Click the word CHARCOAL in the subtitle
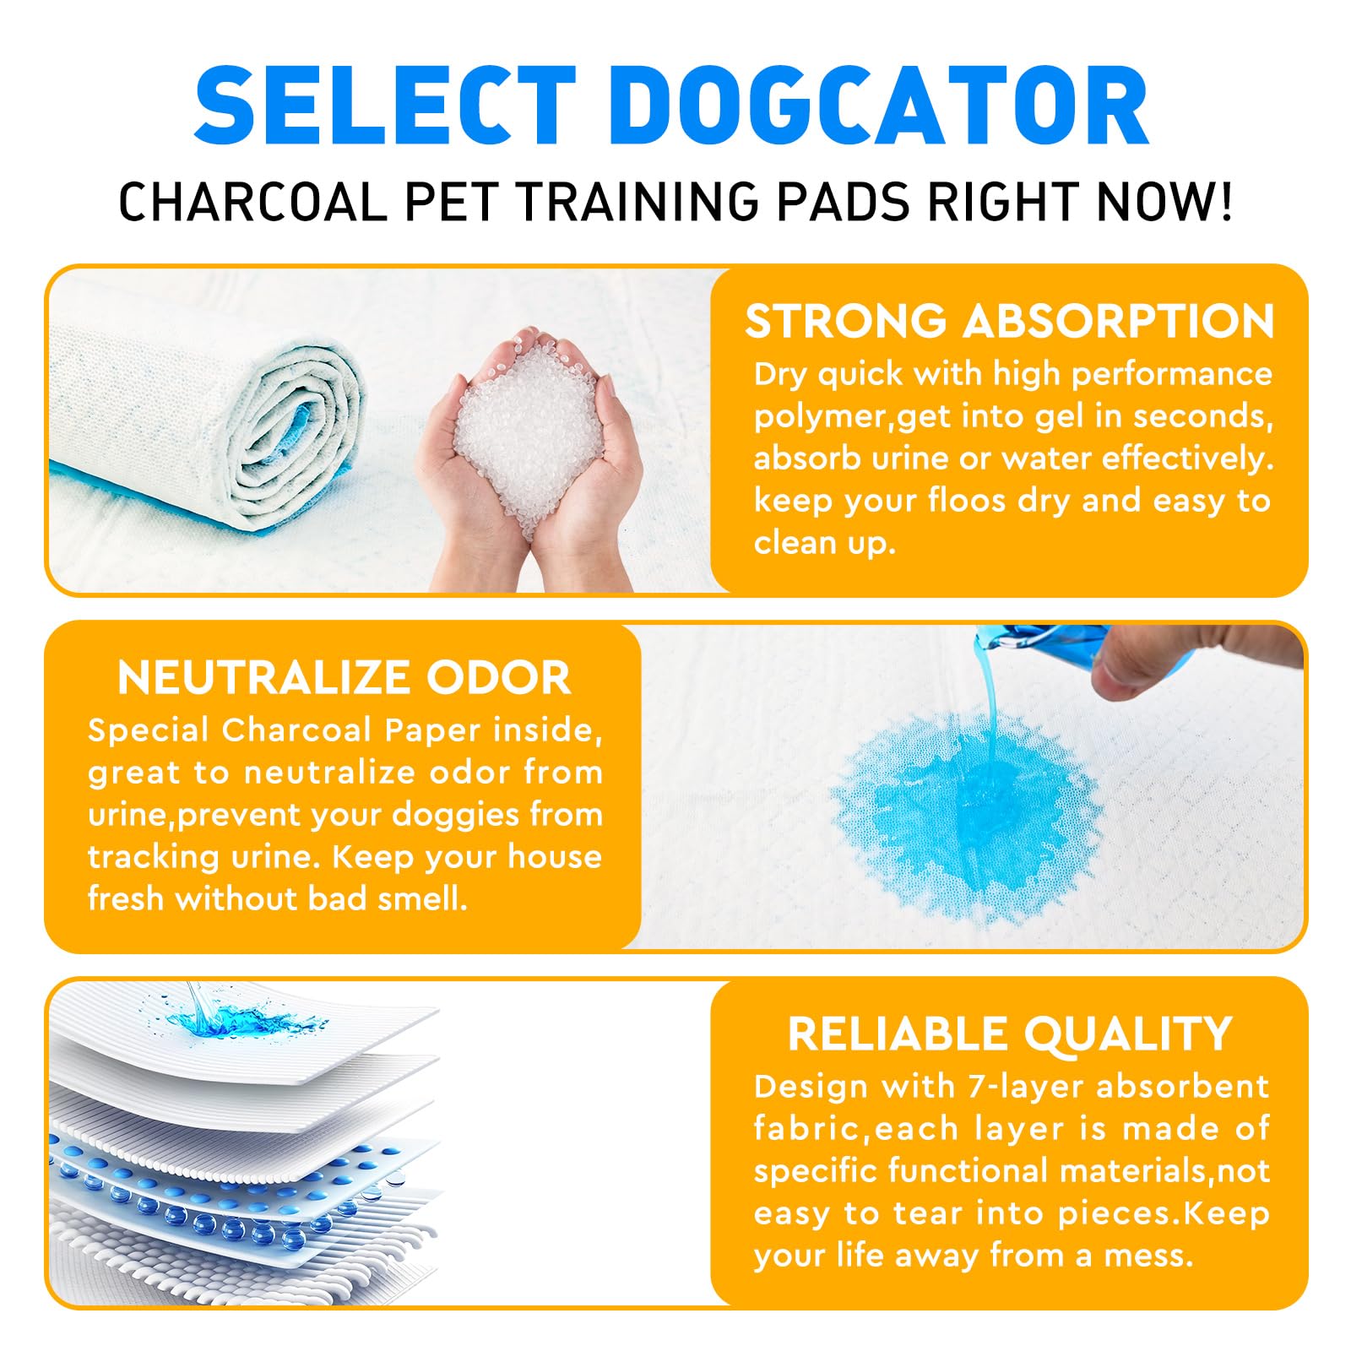252,203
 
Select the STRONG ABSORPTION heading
1010,322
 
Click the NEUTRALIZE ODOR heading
345,678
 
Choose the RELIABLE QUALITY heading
1010,1034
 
